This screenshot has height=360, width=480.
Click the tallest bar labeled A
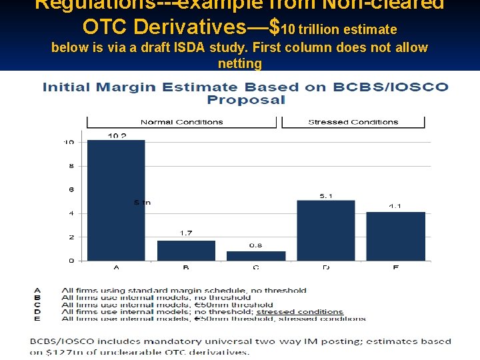[116, 200]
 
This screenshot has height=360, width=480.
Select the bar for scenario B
[186, 251]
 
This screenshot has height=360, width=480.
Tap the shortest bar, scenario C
[256, 256]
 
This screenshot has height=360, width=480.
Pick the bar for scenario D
[325, 231]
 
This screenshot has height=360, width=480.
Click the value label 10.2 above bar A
[117, 136]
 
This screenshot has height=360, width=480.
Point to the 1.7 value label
[186, 233]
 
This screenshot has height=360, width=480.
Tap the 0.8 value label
[256, 245]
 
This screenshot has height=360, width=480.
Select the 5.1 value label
[325, 196]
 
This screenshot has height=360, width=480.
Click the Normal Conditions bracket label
[181, 122]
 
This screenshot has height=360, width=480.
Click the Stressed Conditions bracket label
[353, 122]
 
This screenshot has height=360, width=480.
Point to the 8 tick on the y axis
[71, 166]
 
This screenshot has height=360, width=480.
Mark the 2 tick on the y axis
[71, 237]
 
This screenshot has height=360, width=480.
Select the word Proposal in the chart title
[246, 100]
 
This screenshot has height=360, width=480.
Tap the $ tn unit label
[142, 203]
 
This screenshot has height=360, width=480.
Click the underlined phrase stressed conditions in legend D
[299, 311]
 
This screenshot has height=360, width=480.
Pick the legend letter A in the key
[37, 291]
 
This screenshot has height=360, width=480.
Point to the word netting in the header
[239, 63]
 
